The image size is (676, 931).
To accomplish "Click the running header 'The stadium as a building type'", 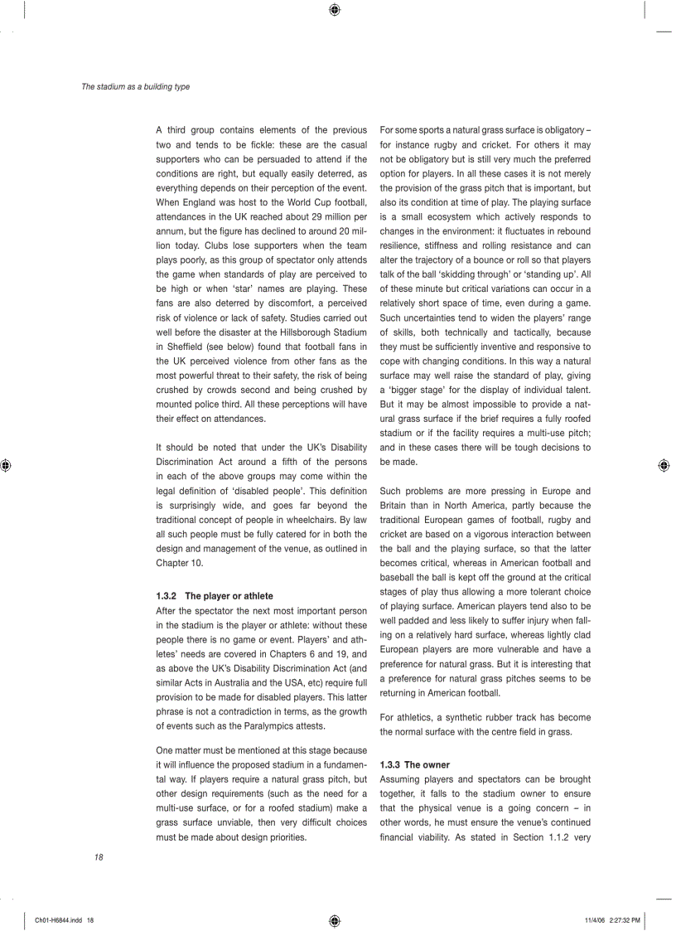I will point(135,86).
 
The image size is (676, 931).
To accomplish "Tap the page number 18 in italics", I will point(99,857).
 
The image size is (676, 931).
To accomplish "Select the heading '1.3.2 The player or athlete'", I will point(215,595).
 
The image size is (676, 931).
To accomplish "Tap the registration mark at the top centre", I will point(334,10).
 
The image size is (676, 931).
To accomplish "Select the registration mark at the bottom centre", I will point(334,920).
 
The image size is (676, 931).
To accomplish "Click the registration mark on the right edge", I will point(664,466).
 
